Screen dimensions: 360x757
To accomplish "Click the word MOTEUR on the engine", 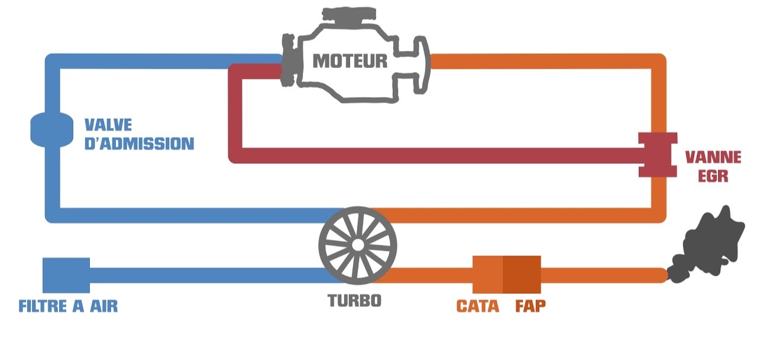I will (350, 60).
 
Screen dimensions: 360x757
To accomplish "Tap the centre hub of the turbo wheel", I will (357, 244).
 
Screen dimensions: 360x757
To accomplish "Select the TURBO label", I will (355, 300).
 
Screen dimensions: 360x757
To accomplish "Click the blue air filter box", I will (66, 275).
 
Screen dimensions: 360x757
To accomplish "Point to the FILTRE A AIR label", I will (68, 306).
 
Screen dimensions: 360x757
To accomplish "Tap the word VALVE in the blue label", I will (108, 125).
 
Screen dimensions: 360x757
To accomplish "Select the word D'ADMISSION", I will (139, 144).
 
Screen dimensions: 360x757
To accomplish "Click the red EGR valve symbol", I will (658, 155).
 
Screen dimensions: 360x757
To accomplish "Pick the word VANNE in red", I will (712, 158).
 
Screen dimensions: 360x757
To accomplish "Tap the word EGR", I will (712, 176).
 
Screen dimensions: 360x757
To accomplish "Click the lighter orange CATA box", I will (487, 275).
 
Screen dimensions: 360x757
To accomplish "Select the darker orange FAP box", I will (522, 275).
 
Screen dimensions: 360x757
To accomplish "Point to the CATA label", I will (477, 306).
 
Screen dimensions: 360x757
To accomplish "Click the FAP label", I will (530, 306).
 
